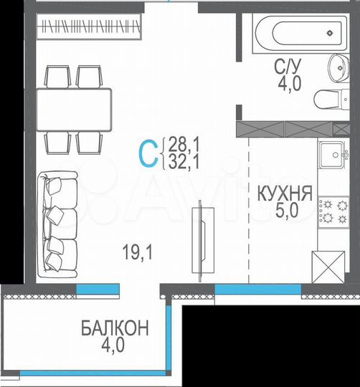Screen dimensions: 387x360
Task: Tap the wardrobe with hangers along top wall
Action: click(89, 29)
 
